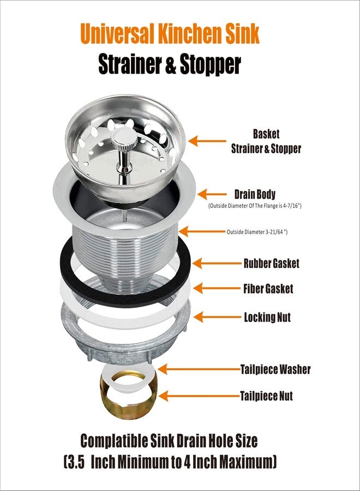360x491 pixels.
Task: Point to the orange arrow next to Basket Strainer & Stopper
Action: [207, 141]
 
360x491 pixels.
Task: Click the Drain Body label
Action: [255, 194]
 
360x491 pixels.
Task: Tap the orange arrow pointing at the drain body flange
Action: [212, 194]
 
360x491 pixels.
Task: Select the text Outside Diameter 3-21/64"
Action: [257, 232]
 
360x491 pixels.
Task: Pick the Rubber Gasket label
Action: [272, 264]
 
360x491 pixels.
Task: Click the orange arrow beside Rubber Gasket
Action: [217, 264]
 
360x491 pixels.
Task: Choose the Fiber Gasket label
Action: [268, 289]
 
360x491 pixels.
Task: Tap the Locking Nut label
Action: [267, 317]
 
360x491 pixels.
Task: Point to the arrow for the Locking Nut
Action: [218, 317]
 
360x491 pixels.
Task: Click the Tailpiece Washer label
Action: [275, 369]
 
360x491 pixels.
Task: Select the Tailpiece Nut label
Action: [266, 396]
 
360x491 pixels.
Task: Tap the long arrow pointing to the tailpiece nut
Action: [200, 396]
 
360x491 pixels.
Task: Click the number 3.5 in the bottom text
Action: [76, 462]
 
